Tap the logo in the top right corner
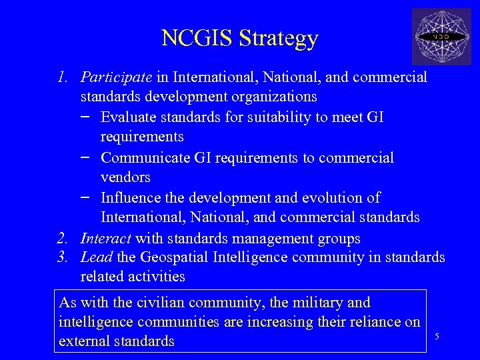coord(441,36)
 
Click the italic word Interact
coord(105,238)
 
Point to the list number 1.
coord(62,78)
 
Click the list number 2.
coord(62,238)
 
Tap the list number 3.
coord(62,257)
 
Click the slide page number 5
coord(437,336)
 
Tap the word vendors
coord(125,177)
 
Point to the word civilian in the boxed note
coord(145,303)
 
